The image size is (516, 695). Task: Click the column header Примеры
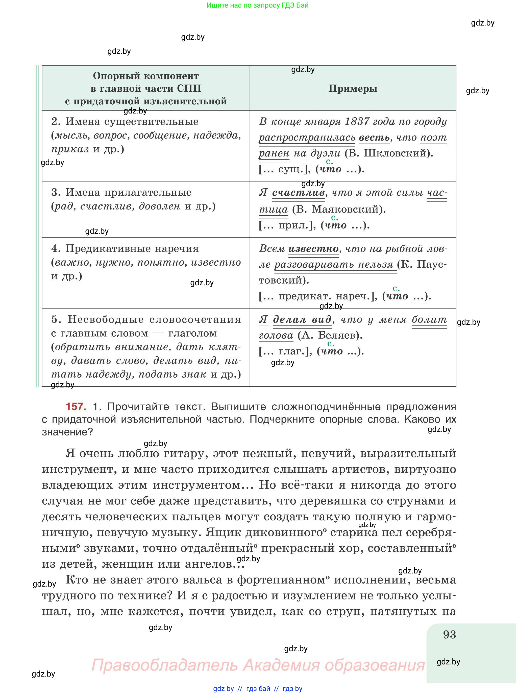[x=353, y=88]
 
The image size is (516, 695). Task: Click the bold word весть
[x=374, y=137]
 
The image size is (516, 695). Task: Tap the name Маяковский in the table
[x=346, y=209]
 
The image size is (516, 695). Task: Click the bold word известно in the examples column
[x=313, y=248]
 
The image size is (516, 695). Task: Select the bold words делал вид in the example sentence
[x=302, y=319]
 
